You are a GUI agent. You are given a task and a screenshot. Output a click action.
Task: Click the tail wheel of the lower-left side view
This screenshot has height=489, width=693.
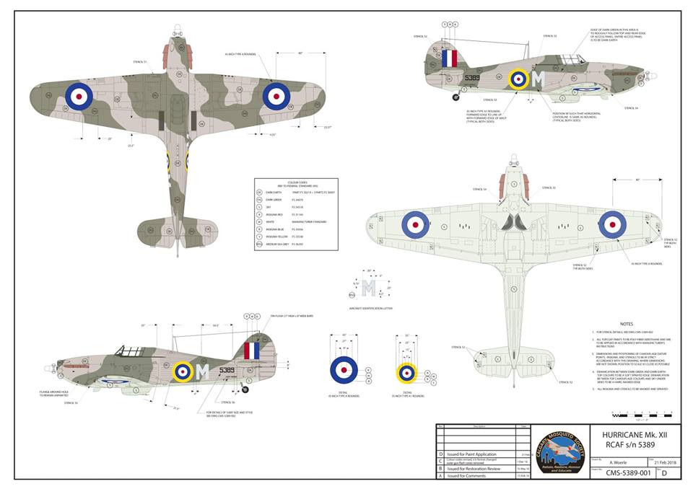[x=245, y=389]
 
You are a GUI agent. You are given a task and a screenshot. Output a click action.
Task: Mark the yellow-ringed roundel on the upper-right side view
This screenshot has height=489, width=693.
[x=518, y=79]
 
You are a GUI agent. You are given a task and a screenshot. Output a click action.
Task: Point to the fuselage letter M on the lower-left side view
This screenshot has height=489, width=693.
[x=203, y=371]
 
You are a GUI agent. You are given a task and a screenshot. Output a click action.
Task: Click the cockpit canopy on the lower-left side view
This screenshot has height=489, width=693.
[x=131, y=351]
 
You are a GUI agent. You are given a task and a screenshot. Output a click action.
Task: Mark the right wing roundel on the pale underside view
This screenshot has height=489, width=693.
[x=612, y=224]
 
